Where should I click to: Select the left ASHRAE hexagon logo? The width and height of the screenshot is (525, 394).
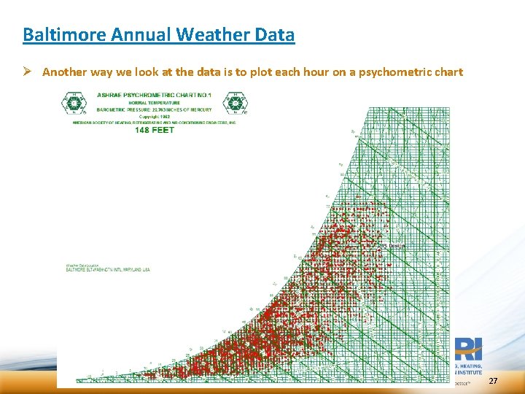[x=73, y=104]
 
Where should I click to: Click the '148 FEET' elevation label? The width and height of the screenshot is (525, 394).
[x=154, y=130]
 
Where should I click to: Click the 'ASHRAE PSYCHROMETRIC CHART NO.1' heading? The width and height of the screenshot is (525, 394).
[x=153, y=96]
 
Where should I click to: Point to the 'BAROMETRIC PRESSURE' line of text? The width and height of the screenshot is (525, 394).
[x=153, y=109]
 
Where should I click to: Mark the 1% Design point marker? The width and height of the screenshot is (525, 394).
[x=378, y=250]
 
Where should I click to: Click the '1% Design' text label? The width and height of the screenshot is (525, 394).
[x=394, y=246]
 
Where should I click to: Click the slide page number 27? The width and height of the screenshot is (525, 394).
[x=493, y=382]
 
